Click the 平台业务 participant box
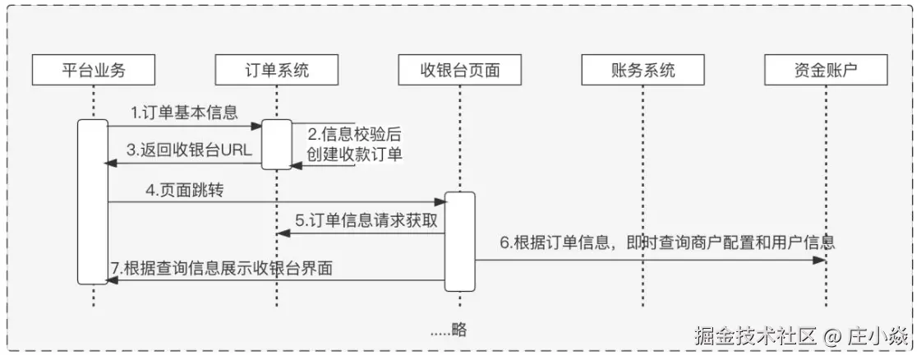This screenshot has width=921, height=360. (x=94, y=70)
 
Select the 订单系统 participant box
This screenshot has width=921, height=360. (x=277, y=70)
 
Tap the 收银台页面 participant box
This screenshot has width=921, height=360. (x=460, y=70)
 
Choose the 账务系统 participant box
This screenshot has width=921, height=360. (x=642, y=70)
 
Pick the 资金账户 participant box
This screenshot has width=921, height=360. (x=827, y=70)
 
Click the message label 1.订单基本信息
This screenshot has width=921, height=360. (x=185, y=111)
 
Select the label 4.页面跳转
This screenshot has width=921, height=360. (x=185, y=190)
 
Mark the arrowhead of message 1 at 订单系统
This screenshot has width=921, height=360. (x=257, y=126)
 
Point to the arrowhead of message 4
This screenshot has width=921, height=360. (x=440, y=202)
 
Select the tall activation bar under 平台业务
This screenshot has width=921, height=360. (x=93, y=201)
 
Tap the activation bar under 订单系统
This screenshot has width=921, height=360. (x=277, y=145)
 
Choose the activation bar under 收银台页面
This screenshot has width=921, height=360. (x=460, y=241)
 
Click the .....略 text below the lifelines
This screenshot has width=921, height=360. (x=449, y=330)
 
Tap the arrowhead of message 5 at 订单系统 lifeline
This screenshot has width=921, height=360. (x=282, y=233)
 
